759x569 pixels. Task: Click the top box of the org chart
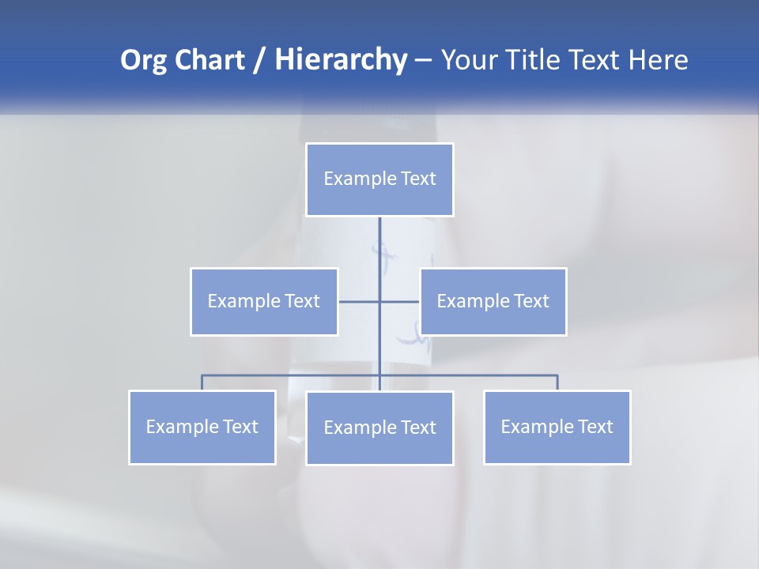tap(379, 179)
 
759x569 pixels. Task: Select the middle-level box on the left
tap(264, 302)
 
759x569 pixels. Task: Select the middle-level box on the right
tap(493, 302)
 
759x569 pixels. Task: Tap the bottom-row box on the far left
tap(202, 428)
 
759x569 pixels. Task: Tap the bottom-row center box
tap(379, 428)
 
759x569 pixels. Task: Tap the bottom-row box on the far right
tap(557, 428)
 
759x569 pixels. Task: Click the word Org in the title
tap(143, 60)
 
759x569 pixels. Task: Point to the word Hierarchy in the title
tap(340, 60)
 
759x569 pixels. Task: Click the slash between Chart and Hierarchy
tap(260, 60)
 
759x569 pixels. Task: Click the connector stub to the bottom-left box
tap(202, 382)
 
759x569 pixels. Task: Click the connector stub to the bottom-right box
tap(557, 382)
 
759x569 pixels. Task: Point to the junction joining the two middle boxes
tap(379, 302)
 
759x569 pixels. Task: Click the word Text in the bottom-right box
tap(595, 428)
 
